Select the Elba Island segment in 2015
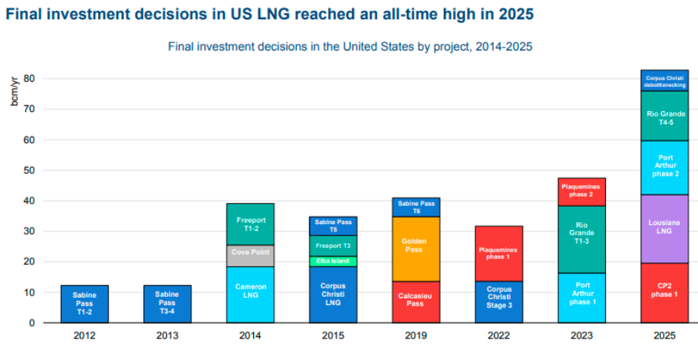333,261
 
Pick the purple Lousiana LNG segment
665,229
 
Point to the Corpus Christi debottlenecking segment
665,81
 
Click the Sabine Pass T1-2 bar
85,304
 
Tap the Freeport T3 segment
333,246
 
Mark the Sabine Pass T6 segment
416,207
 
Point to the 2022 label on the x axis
499,336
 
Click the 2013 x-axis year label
168,336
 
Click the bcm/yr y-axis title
13,91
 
